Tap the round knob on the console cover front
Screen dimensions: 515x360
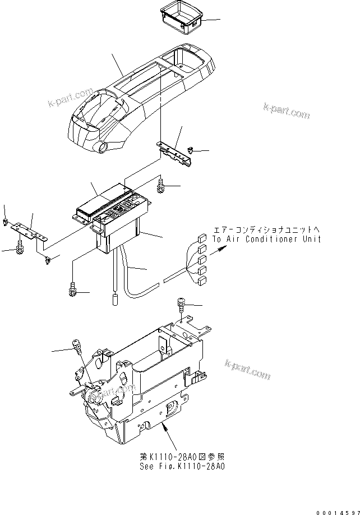pos(103,148)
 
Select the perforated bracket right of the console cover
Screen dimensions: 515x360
pos(176,153)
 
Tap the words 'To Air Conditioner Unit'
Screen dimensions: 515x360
pos(267,239)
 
